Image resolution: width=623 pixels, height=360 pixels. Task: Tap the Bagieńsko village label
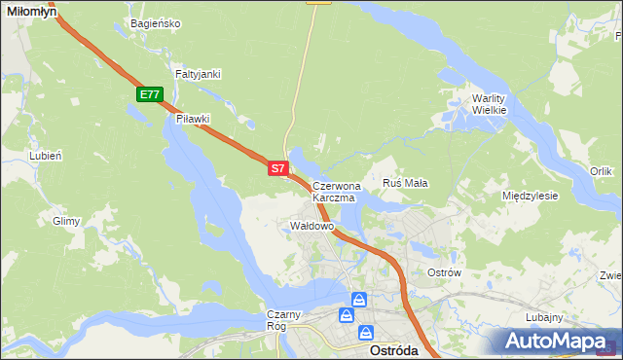coord(155,23)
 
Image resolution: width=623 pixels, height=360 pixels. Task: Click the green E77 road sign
coord(149,94)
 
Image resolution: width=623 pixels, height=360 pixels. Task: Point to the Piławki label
coord(193,119)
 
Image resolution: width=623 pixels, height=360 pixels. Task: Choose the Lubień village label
coord(46,156)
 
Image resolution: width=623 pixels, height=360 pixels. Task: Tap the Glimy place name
coord(66,221)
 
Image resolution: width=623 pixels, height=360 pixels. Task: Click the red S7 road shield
coord(277,168)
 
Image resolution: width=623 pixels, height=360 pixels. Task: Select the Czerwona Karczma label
coord(336,191)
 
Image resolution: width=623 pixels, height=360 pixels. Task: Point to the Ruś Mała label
coord(406,182)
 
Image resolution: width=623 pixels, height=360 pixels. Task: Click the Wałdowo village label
coord(312,226)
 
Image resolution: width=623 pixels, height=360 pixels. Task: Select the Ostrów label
coord(444,272)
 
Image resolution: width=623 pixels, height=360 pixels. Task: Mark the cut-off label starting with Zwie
coord(610,275)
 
